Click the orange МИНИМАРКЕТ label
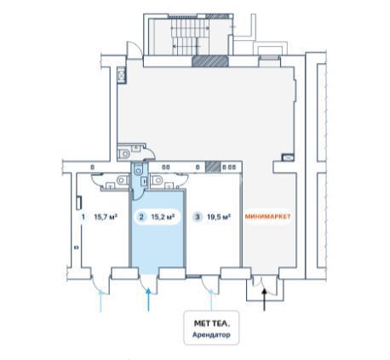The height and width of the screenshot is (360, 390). (x=267, y=216)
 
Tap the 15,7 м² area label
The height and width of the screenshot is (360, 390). (x=106, y=217)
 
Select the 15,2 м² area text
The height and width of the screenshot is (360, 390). (x=163, y=217)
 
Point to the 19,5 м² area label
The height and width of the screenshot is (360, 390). (x=219, y=217)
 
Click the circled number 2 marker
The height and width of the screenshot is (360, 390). (x=141, y=217)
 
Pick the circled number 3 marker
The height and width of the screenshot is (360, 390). (x=198, y=217)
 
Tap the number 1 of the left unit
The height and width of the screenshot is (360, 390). (x=83, y=217)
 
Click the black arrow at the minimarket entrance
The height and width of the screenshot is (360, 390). (x=264, y=300)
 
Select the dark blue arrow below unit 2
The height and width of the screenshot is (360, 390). (x=148, y=300)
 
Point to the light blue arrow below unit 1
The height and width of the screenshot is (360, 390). (x=100, y=301)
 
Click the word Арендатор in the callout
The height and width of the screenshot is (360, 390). (x=211, y=334)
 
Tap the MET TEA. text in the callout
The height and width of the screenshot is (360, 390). (x=212, y=323)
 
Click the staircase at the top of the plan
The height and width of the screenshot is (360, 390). (x=190, y=37)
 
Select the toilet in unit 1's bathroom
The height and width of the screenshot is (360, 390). (x=122, y=180)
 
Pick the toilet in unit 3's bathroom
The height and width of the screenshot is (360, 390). (x=157, y=180)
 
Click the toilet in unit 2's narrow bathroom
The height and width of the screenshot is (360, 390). (x=138, y=169)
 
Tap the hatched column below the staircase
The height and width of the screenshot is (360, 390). (x=210, y=61)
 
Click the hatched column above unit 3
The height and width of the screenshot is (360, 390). (x=213, y=167)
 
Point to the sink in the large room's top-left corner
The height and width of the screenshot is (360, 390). (x=122, y=76)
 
